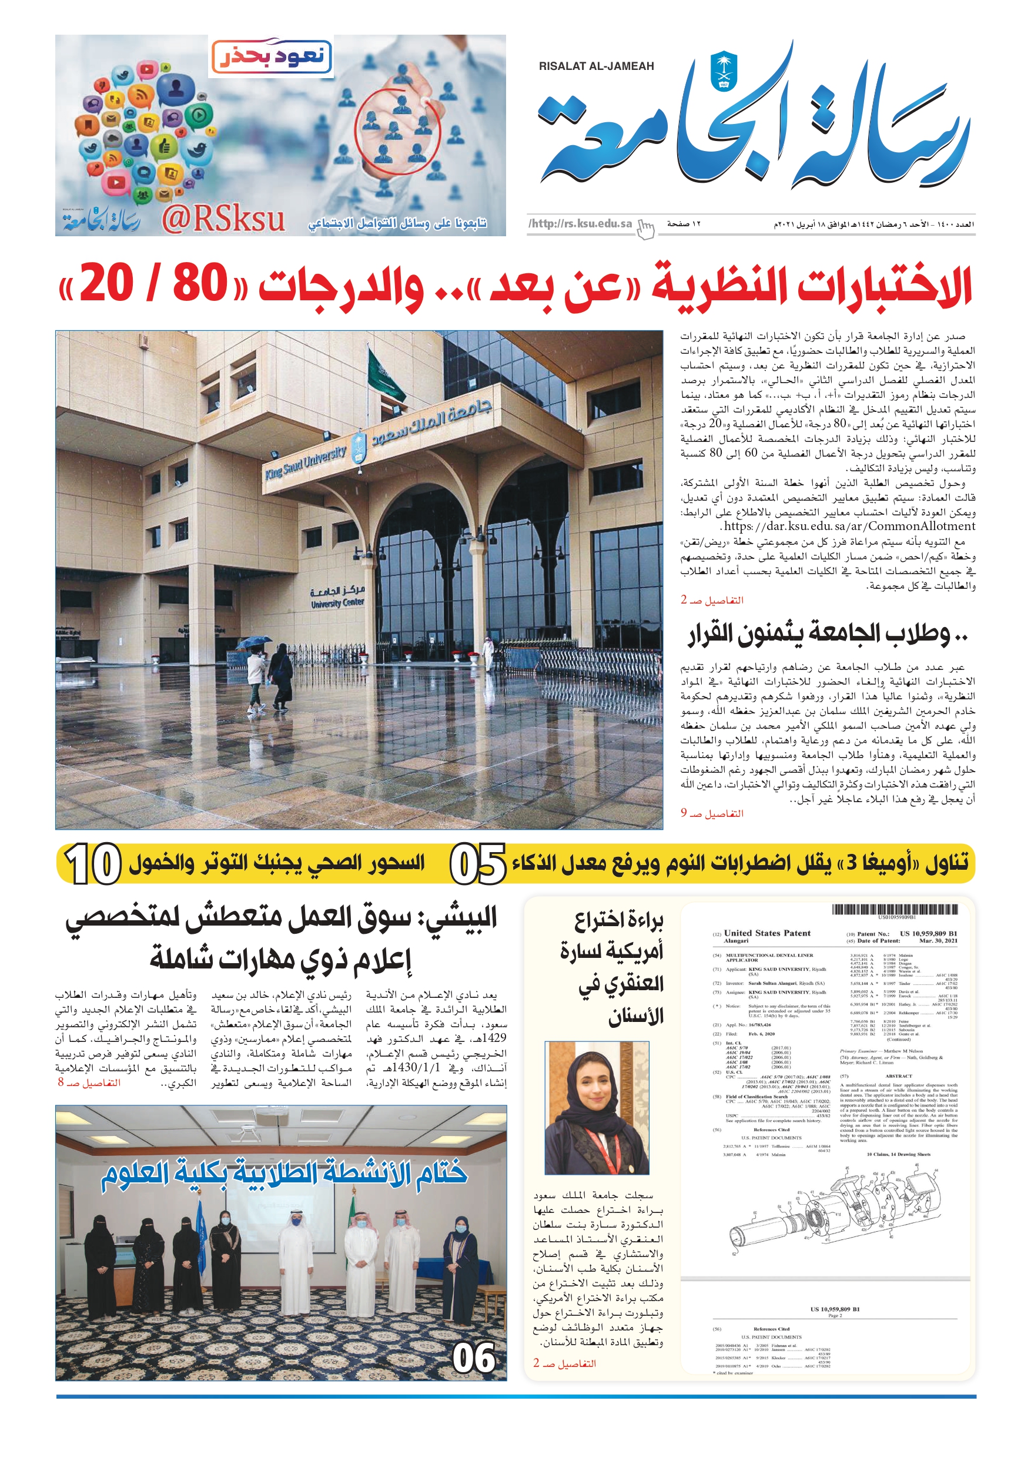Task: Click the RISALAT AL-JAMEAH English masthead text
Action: click(596, 66)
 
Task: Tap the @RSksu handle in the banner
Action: click(222, 219)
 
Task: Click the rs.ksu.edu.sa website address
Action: click(581, 223)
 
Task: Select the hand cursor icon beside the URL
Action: click(645, 229)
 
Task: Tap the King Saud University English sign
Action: click(306, 462)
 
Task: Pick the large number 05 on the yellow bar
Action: click(478, 864)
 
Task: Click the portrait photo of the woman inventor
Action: click(597, 1108)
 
